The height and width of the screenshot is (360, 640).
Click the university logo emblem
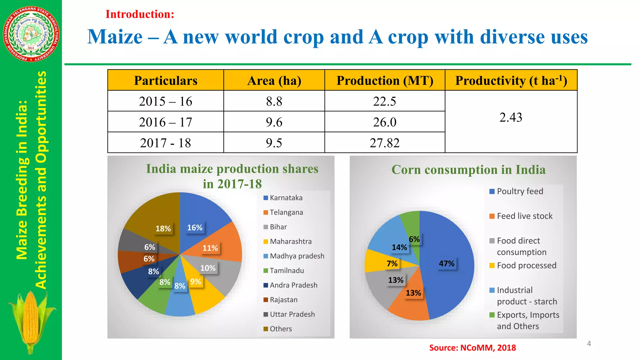coord(31,34)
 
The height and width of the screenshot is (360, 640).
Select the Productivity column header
coord(511,81)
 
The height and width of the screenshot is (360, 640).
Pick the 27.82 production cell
coord(385,143)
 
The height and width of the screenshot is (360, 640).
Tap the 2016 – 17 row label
coord(166,122)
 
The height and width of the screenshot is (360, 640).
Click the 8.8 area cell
coord(274,101)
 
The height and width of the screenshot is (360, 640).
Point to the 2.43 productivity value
coord(511,117)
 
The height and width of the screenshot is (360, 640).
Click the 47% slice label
coord(447,263)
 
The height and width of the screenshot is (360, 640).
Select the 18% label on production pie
coord(163,228)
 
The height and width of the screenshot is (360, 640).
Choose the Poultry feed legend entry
coord(520,191)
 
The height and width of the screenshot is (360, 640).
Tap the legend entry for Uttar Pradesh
coord(292,314)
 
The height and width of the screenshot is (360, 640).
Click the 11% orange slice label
coord(210,248)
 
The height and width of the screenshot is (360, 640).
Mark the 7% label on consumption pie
coord(392,263)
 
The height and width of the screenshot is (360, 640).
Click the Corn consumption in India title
coord(468,170)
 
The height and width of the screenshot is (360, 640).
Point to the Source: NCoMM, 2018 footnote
coord(472,347)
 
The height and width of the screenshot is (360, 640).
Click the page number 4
coord(589,344)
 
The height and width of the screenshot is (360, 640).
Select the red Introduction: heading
coord(140,14)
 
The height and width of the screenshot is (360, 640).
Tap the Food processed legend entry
coord(526,265)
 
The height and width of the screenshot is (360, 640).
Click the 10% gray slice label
coord(208,268)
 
